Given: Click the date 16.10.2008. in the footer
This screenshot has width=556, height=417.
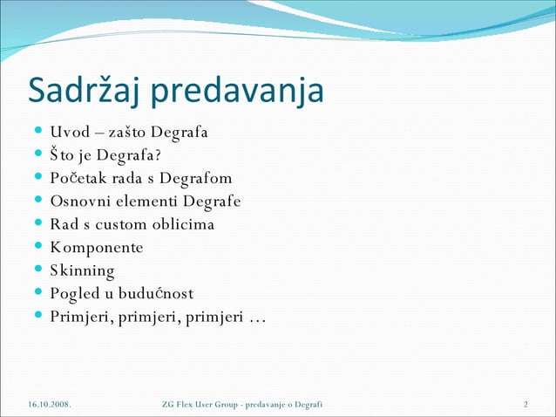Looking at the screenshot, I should [48, 404].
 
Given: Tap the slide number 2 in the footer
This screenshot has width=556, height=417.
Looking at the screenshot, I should [526, 404].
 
